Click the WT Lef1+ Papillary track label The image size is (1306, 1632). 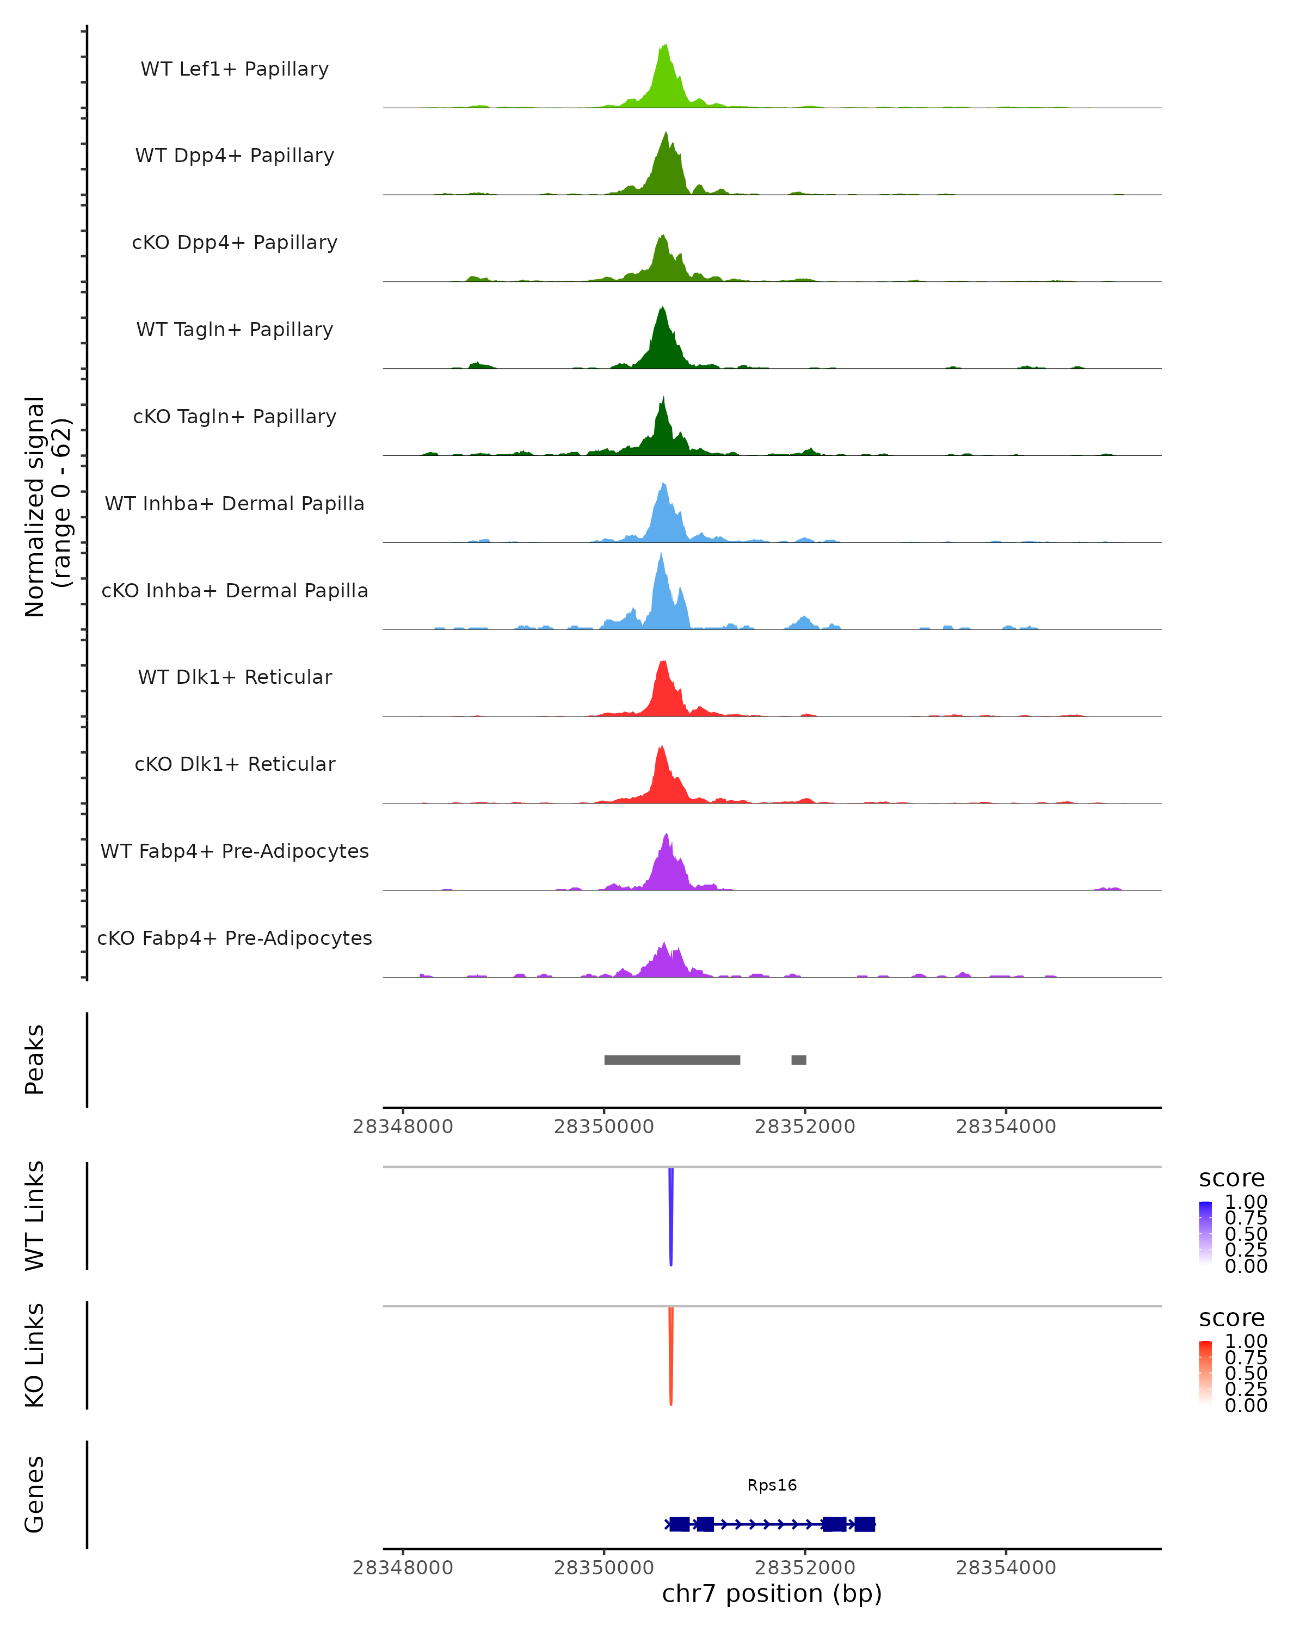pos(235,69)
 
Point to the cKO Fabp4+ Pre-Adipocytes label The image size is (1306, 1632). pos(235,938)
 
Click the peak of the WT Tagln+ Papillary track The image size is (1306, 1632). pos(662,310)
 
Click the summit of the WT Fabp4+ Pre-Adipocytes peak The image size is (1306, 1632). pos(666,836)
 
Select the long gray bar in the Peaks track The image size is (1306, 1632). pos(672,1060)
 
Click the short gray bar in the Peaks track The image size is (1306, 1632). pos(799,1060)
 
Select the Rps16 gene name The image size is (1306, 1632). pos(772,1485)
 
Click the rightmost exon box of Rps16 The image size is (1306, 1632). pos(865,1524)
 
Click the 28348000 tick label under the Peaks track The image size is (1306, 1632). pos(403,1127)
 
